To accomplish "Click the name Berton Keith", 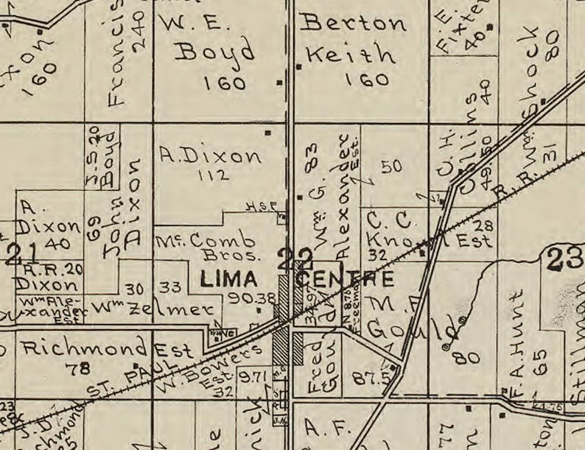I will [351, 38].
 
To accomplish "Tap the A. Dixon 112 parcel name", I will [210, 156].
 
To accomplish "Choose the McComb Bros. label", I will [206, 247].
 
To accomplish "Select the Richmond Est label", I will [108, 348].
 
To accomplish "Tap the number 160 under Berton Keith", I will [366, 80].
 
